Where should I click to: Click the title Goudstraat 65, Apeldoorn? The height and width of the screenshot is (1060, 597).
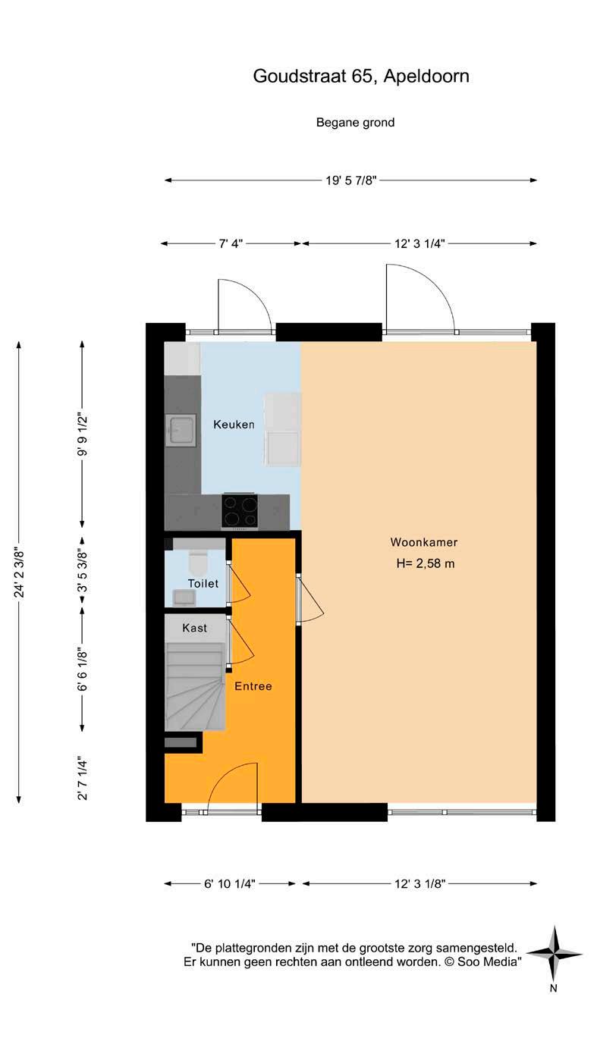361,76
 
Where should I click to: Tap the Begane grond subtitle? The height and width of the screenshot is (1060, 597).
355,123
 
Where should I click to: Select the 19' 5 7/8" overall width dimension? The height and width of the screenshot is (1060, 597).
350,180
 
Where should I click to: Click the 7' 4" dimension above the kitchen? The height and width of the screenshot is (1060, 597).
231,243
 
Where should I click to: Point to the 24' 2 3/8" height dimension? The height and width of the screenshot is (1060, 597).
19,572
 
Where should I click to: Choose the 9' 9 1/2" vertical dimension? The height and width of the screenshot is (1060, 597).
83,434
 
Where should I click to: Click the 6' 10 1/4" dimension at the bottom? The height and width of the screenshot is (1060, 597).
230,883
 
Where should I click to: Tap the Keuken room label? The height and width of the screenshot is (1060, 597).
234,425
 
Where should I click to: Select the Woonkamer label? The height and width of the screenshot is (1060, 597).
424,542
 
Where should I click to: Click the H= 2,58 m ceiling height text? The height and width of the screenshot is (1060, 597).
425,563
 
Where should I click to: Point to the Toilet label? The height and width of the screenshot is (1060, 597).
203,584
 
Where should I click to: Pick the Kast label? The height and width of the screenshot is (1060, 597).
195,628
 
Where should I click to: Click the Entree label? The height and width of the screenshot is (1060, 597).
253,686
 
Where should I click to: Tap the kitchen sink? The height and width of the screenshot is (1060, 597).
181,430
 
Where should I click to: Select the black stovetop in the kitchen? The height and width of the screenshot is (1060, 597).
240,511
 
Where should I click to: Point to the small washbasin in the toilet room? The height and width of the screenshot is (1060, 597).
184,597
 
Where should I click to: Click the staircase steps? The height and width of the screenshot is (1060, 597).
195,687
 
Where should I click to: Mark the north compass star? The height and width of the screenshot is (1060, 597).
554,954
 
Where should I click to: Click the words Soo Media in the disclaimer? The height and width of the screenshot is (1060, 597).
487,962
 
